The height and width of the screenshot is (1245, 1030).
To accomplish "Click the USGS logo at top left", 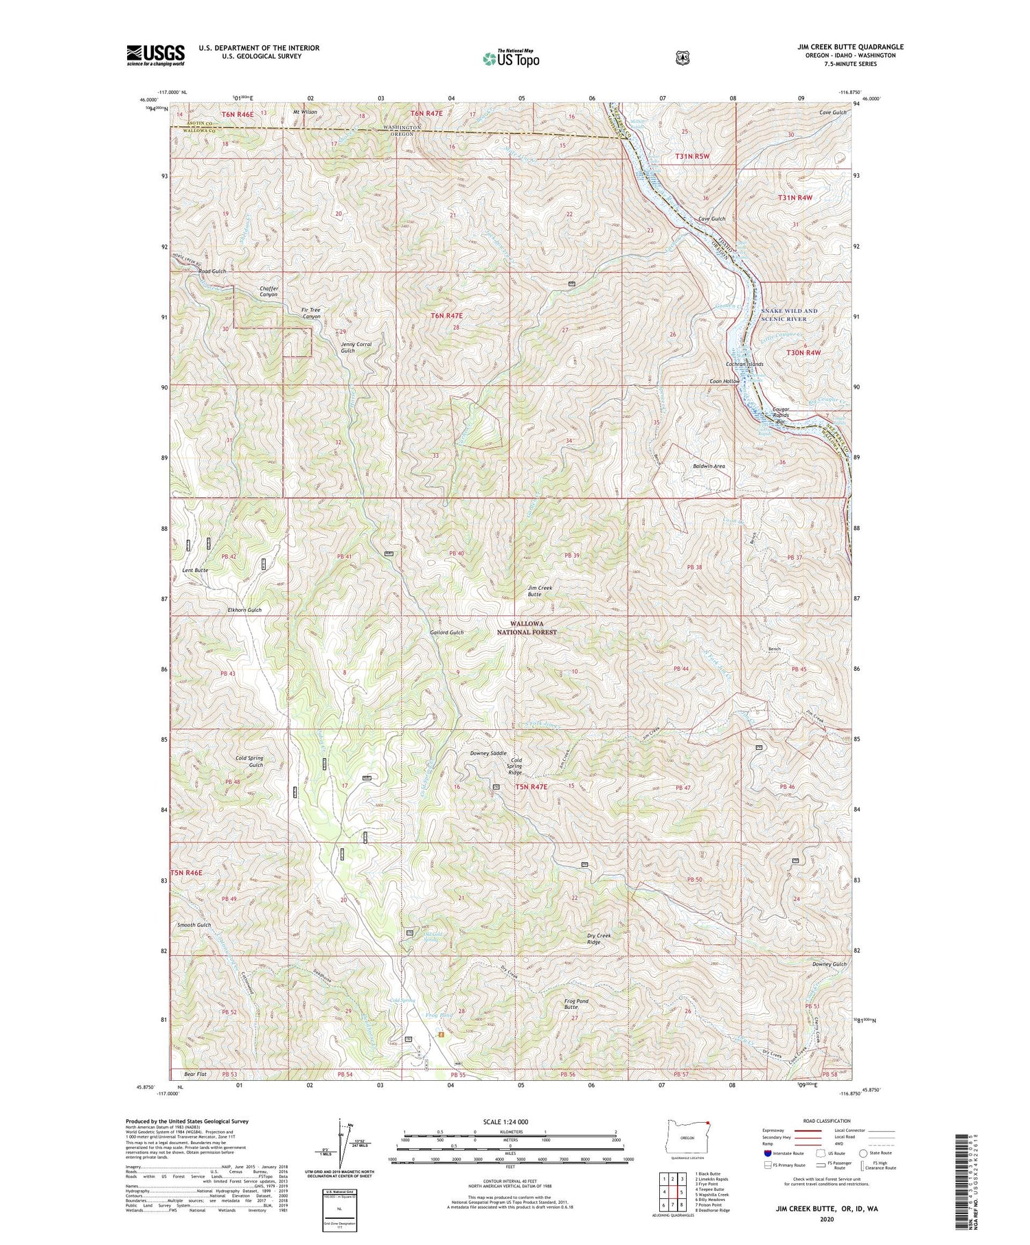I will pyautogui.click(x=155, y=55).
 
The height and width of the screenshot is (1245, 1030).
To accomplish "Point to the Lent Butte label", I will pyautogui.click(x=194, y=571).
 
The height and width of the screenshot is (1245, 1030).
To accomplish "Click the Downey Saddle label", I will pyautogui.click(x=488, y=753).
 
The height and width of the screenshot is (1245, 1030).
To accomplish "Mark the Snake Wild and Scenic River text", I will pyautogui.click(x=789, y=315).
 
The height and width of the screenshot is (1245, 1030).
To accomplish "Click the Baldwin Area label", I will pyautogui.click(x=709, y=466).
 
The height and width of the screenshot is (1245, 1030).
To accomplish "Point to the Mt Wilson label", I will pyautogui.click(x=305, y=111).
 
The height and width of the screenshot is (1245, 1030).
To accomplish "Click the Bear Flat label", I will pyautogui.click(x=195, y=1073).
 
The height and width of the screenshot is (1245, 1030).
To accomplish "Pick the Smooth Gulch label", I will pyautogui.click(x=194, y=925).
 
